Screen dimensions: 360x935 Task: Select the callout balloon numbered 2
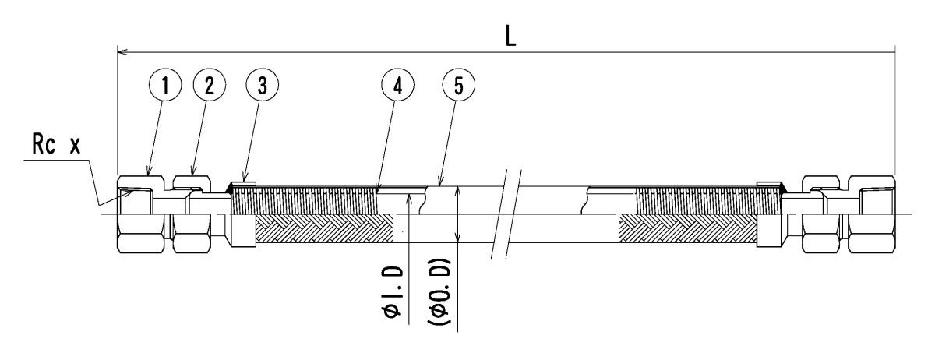(208, 86)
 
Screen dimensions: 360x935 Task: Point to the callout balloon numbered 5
(458, 86)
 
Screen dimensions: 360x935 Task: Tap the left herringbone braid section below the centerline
(323, 231)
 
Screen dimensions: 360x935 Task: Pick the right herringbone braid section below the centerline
(686, 231)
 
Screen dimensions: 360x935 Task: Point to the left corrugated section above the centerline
(304, 200)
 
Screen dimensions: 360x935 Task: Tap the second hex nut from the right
(824, 215)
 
